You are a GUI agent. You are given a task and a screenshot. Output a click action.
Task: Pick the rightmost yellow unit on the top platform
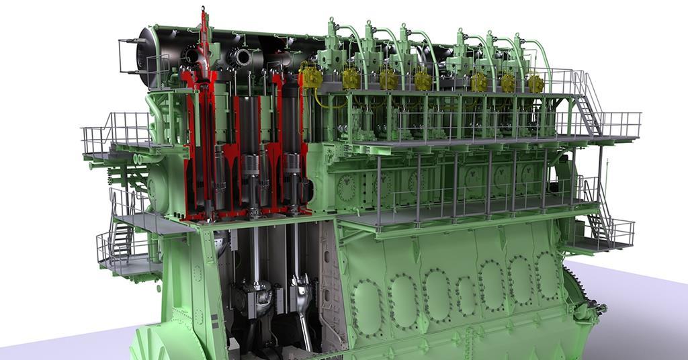(535, 83)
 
